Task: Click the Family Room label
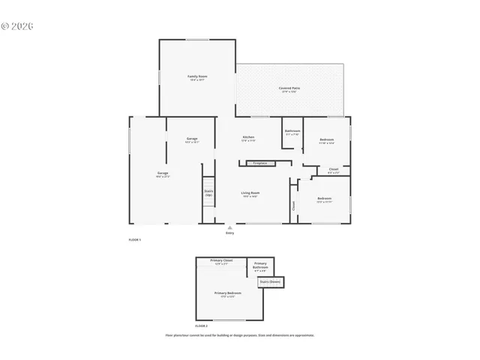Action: tap(197, 76)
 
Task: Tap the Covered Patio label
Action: tap(290, 88)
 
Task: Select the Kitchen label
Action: tap(248, 137)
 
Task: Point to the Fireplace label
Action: tap(259, 163)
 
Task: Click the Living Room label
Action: tap(250, 193)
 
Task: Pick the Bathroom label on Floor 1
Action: tap(292, 132)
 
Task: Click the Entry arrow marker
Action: tap(230, 227)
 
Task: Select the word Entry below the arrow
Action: tap(230, 233)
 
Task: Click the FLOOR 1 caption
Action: tap(135, 239)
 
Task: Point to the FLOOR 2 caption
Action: tap(201, 326)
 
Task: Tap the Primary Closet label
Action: tap(221, 260)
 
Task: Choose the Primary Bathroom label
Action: tap(260, 265)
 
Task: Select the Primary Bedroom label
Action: tap(227, 292)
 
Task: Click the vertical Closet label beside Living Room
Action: tap(292, 205)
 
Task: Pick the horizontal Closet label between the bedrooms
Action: tap(334, 169)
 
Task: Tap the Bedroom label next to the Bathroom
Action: tap(327, 140)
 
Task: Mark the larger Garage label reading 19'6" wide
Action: tap(162, 173)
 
